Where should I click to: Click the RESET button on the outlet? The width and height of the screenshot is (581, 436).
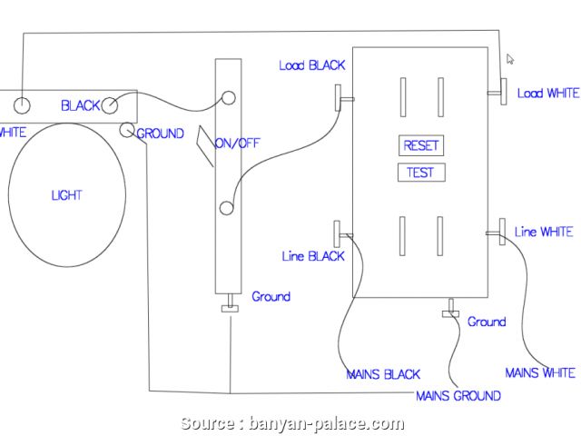click(x=420, y=145)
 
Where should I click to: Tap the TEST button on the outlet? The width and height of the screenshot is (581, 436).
click(x=420, y=173)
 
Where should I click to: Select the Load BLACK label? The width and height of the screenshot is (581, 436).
click(x=311, y=65)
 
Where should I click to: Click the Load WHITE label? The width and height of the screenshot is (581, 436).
click(x=547, y=94)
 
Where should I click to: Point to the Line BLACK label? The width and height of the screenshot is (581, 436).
click(x=313, y=257)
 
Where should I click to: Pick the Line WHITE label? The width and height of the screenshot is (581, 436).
click(x=543, y=233)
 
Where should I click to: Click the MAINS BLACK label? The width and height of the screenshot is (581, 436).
click(x=383, y=374)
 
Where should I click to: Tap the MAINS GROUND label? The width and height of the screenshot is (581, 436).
click(x=458, y=396)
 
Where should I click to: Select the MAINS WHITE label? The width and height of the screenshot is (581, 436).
click(x=539, y=372)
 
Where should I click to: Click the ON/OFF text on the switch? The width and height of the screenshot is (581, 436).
click(x=237, y=144)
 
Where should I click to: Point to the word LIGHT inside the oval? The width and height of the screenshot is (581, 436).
click(x=66, y=195)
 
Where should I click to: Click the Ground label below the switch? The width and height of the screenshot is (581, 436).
click(x=271, y=297)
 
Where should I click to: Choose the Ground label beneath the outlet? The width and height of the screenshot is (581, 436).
click(x=487, y=322)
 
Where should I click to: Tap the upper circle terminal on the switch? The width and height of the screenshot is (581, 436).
click(x=229, y=97)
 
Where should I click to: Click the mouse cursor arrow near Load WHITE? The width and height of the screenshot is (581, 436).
click(x=510, y=59)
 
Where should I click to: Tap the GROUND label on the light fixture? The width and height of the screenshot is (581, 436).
click(x=161, y=134)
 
